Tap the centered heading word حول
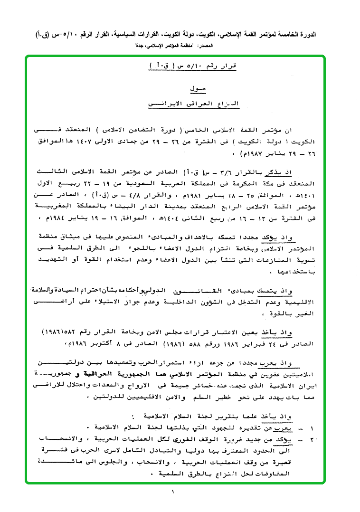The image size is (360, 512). [195, 88]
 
